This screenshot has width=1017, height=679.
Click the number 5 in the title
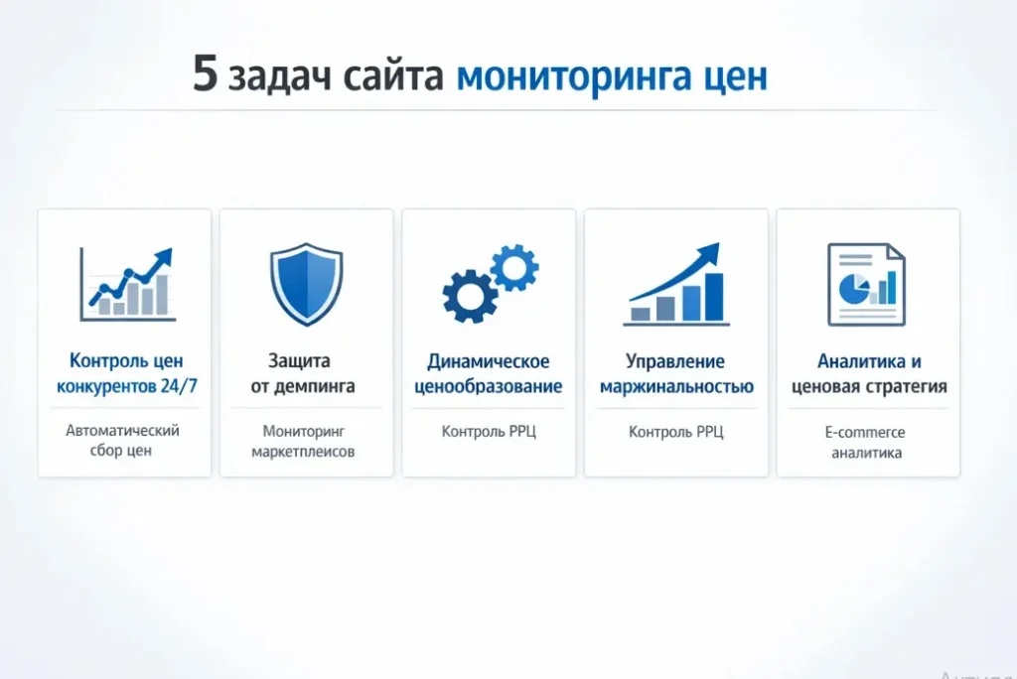pyautogui.click(x=205, y=73)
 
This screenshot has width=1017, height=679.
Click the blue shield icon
pyautogui.click(x=306, y=283)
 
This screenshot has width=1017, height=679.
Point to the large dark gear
pyautogui.click(x=470, y=296)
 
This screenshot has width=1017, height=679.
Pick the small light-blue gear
pyautogui.click(x=514, y=267)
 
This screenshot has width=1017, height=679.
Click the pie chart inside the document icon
pyautogui.click(x=854, y=289)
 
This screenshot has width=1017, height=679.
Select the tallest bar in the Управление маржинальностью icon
pyautogui.click(x=714, y=297)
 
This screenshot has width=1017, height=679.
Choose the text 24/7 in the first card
pyautogui.click(x=179, y=386)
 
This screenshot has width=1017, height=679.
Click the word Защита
pyautogui.click(x=299, y=360)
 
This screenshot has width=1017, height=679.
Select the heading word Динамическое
pyautogui.click(x=489, y=361)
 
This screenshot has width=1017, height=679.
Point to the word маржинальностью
pyautogui.click(x=676, y=387)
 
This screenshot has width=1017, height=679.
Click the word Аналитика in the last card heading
pyautogui.click(x=861, y=361)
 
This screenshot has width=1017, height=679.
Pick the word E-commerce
pyautogui.click(x=865, y=432)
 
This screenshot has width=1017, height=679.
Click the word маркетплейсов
pyautogui.click(x=303, y=452)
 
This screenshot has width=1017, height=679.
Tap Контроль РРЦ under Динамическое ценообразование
pyautogui.click(x=489, y=431)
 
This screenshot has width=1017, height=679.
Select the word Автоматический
pyautogui.click(x=122, y=431)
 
